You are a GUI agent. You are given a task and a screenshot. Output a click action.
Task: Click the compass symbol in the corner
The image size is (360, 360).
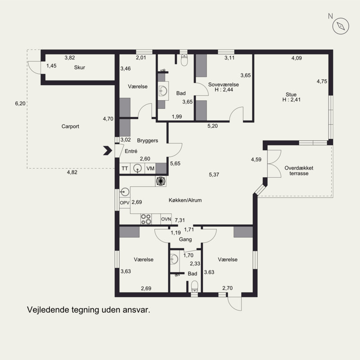click(341, 26)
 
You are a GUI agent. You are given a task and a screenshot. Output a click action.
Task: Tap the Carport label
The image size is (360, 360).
click(70, 126)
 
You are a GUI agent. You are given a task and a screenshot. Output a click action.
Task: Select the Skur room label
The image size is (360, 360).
click(80, 67)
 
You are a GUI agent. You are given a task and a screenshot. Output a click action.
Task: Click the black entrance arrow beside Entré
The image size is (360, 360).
click(108, 151)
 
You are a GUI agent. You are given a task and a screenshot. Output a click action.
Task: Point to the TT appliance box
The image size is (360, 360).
click(125, 168)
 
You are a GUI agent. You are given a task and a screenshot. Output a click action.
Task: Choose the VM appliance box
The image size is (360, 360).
click(150, 168)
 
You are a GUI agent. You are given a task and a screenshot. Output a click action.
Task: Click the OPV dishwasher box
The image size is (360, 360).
click(125, 203)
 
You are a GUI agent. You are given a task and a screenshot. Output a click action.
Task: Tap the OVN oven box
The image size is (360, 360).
click(166, 219)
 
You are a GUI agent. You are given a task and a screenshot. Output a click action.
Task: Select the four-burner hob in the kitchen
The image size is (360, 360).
click(146, 219)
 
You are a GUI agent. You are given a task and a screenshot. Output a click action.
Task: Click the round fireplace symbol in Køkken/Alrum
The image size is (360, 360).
click(161, 181)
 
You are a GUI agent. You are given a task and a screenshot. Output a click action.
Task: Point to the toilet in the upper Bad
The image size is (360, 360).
click(184, 60)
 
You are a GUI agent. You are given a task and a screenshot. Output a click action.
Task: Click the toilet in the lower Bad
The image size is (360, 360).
click(194, 286)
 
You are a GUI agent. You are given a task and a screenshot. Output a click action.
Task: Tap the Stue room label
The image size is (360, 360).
click(291, 94)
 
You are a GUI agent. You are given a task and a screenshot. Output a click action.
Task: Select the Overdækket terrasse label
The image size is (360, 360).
click(299, 171)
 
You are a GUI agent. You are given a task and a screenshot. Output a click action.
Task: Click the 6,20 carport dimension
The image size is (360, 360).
click(20, 103)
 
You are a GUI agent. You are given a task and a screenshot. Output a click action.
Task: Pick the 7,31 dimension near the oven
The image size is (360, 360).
click(180, 220)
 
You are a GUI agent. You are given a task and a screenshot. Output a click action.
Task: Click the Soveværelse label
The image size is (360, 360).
click(223, 85)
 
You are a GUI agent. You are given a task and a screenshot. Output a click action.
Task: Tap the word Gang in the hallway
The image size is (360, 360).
click(185, 239)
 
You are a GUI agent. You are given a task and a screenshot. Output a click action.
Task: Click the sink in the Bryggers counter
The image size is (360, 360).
click(138, 168)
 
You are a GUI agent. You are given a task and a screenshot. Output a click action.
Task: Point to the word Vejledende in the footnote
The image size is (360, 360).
click(48, 310)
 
